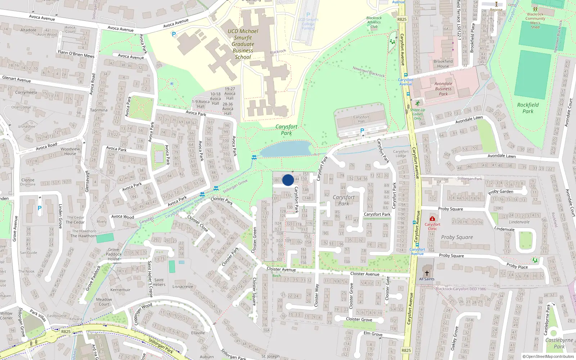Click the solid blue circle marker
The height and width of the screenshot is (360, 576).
[x=288, y=180]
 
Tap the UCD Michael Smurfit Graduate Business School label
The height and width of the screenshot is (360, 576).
[x=243, y=44]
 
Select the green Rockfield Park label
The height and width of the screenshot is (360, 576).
[x=528, y=108]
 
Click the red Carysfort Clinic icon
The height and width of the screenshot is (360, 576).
[x=432, y=219]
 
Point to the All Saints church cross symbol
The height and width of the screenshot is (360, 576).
[x=427, y=273]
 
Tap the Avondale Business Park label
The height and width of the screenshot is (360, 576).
[x=443, y=89]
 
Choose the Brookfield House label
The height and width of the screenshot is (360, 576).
[x=443, y=64]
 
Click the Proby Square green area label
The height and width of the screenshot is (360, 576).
[x=457, y=237]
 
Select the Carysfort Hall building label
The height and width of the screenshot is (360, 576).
[x=361, y=119]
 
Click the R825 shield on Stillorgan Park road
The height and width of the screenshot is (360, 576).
[x=66, y=332]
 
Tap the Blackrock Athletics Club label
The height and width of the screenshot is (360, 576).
[x=374, y=22]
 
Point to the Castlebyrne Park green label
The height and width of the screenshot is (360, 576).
[x=559, y=343]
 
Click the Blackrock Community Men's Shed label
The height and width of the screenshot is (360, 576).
[x=535, y=21]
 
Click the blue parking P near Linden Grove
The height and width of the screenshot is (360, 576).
[x=40, y=208]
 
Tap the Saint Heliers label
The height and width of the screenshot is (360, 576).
[x=159, y=282]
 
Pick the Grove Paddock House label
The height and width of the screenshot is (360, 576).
[x=113, y=254]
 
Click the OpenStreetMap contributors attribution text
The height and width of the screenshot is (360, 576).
[x=548, y=357]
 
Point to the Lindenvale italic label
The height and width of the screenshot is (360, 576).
[x=519, y=222]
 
